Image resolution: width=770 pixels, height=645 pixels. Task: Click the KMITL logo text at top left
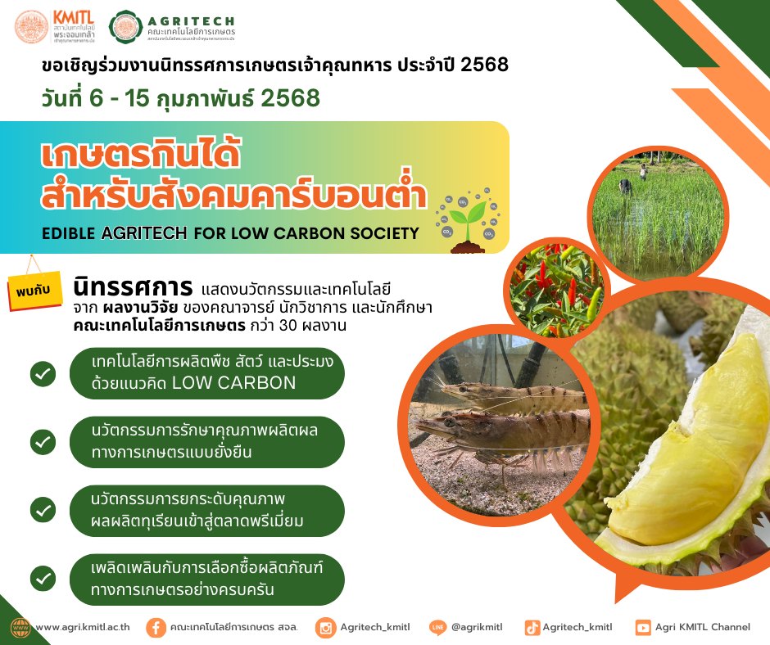[x=74, y=18]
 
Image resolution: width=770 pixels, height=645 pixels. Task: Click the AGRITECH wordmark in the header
[x=191, y=21]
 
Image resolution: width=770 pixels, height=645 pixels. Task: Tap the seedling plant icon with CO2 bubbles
[x=468, y=220]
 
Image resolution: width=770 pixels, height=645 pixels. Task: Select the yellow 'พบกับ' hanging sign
[x=35, y=290]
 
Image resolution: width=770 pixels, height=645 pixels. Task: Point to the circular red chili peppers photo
[x=557, y=289]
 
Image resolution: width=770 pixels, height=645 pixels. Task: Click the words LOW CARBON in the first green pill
[x=233, y=383]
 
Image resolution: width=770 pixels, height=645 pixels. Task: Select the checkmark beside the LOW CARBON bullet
[x=43, y=374]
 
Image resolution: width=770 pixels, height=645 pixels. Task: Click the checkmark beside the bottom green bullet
[x=43, y=578]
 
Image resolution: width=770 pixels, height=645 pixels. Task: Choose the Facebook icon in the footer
[x=156, y=628]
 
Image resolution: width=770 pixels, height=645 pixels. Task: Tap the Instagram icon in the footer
[x=325, y=628]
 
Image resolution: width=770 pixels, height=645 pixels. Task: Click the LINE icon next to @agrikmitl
[x=438, y=627]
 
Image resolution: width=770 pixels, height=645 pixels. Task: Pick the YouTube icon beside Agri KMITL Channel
[x=643, y=627]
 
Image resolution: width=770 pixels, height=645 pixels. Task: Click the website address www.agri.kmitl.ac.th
[x=83, y=627]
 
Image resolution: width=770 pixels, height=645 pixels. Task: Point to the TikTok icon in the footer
[x=532, y=627]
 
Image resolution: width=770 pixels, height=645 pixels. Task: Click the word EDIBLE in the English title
[x=68, y=233]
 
